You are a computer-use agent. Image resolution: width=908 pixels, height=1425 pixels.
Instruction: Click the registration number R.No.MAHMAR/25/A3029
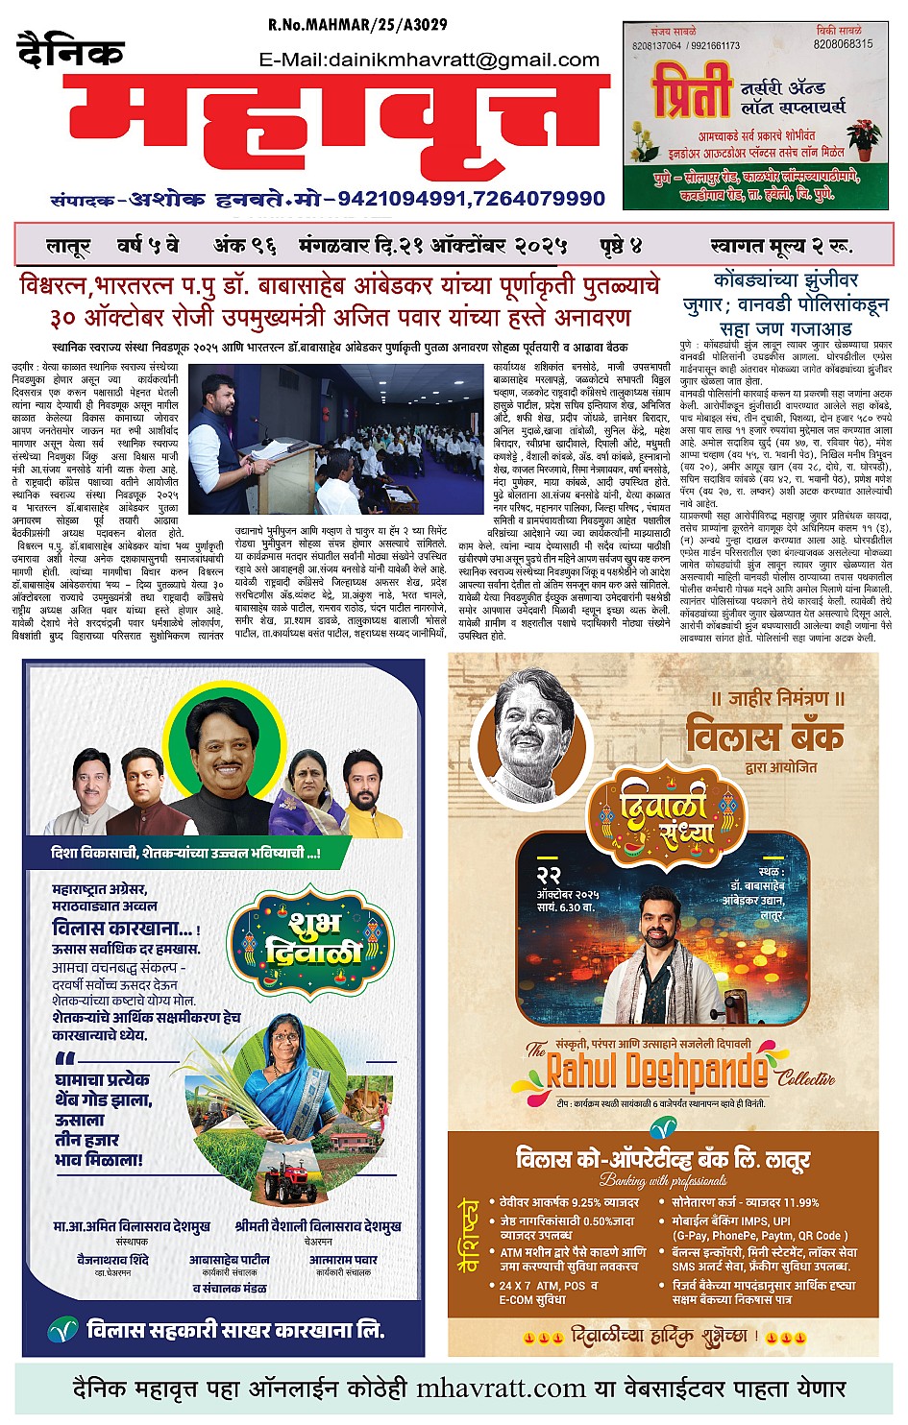point(357,24)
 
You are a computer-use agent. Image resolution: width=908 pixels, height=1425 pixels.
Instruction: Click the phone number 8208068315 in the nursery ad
point(843,44)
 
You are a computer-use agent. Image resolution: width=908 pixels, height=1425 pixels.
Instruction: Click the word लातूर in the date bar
point(66,246)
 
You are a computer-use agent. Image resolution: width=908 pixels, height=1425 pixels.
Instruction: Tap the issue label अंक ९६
point(244,246)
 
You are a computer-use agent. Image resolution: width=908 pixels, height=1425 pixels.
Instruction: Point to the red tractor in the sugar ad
point(286,1183)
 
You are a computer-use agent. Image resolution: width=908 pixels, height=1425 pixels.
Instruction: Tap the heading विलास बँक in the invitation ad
point(764,737)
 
